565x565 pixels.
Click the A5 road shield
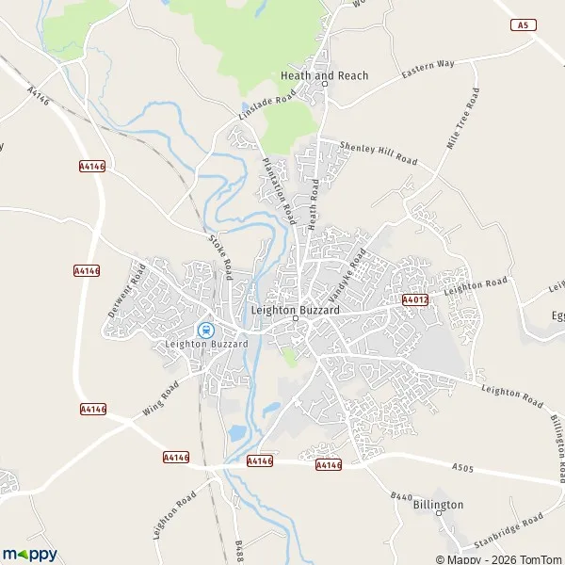pyautogui.click(x=523, y=25)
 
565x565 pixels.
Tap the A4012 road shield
pyautogui.click(x=415, y=299)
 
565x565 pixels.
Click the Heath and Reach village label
pyautogui.click(x=324, y=75)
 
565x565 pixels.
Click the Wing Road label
pyautogui.click(x=160, y=400)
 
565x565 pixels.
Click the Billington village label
pyautogui.click(x=438, y=505)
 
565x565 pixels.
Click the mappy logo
pyautogui.click(x=30, y=554)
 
